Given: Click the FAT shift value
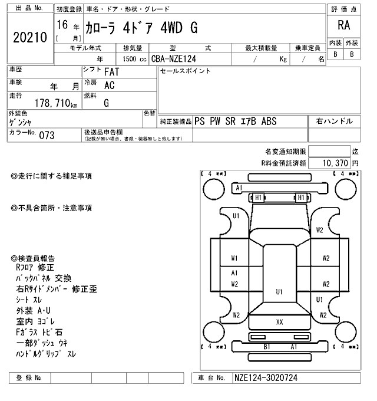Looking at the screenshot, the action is pyautogui.click(x=110, y=72).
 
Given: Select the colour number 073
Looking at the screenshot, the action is pyautogui.click(x=47, y=135).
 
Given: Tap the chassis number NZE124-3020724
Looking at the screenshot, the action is pyautogui.click(x=270, y=377).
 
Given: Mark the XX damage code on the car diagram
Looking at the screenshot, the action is pyautogui.click(x=280, y=322).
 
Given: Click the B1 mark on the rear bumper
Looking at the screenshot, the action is pyautogui.click(x=266, y=346).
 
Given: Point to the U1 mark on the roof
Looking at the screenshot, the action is pyautogui.click(x=279, y=291).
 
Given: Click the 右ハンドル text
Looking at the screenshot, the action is pyautogui.click(x=335, y=121).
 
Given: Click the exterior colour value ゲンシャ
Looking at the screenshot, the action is pyautogui.click(x=22, y=121).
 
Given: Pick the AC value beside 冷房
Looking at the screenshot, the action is pyautogui.click(x=109, y=85).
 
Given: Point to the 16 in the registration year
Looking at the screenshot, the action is pyautogui.click(x=62, y=25).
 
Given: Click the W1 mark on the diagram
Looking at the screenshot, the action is pyautogui.click(x=234, y=258).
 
